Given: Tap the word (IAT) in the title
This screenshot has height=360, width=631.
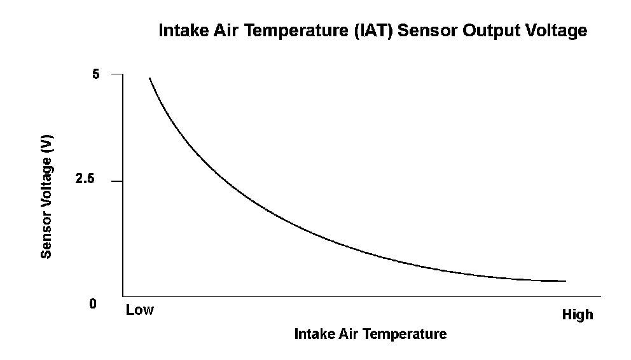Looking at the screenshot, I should coord(378,31).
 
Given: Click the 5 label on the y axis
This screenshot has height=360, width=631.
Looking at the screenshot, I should coord(96,74).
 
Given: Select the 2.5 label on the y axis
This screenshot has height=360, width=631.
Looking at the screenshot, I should coord(85,181).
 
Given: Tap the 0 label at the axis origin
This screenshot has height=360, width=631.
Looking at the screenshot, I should coord(93,304).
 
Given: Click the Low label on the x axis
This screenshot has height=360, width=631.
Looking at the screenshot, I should coord(140,310).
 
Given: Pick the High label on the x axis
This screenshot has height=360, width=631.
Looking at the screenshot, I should coord(578,315).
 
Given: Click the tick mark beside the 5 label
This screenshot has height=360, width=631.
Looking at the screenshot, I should coord(116,74).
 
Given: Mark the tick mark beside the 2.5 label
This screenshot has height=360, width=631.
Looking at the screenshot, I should coord(116,181).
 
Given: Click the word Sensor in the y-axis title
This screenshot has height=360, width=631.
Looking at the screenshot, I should coord(46,235).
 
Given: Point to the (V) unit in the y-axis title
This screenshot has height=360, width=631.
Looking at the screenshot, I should coord(46,144).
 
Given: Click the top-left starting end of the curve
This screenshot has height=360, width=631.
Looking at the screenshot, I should coord(149,78).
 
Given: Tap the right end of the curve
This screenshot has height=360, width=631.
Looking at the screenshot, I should coord(565,280).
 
